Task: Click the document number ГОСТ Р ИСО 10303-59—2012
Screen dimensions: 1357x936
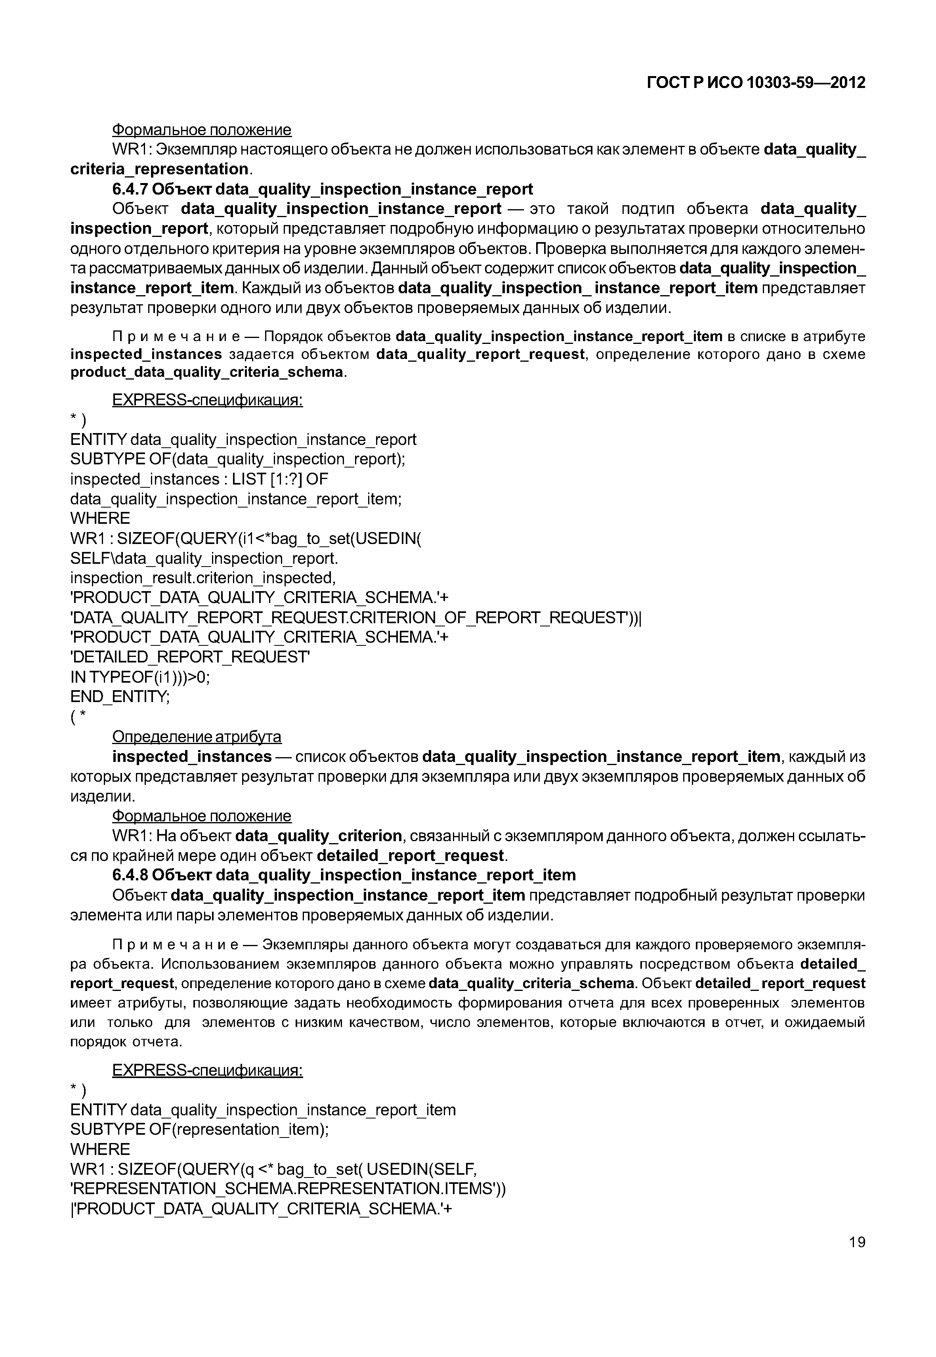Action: point(756,83)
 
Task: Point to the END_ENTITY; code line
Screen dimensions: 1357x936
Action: point(120,697)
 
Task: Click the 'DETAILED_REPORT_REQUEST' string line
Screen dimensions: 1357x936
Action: point(190,657)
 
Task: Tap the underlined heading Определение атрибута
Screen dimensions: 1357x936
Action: point(197,737)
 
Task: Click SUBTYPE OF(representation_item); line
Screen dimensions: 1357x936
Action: point(199,1130)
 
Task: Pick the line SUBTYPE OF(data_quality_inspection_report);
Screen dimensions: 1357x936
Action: point(237,459)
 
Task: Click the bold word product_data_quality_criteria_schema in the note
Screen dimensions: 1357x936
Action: point(207,372)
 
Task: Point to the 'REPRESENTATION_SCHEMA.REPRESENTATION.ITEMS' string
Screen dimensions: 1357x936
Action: point(287,1189)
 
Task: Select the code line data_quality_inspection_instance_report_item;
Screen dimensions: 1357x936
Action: point(236,499)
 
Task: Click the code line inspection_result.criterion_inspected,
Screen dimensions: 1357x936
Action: point(203,578)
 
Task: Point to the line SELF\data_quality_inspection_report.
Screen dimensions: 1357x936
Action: point(204,558)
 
